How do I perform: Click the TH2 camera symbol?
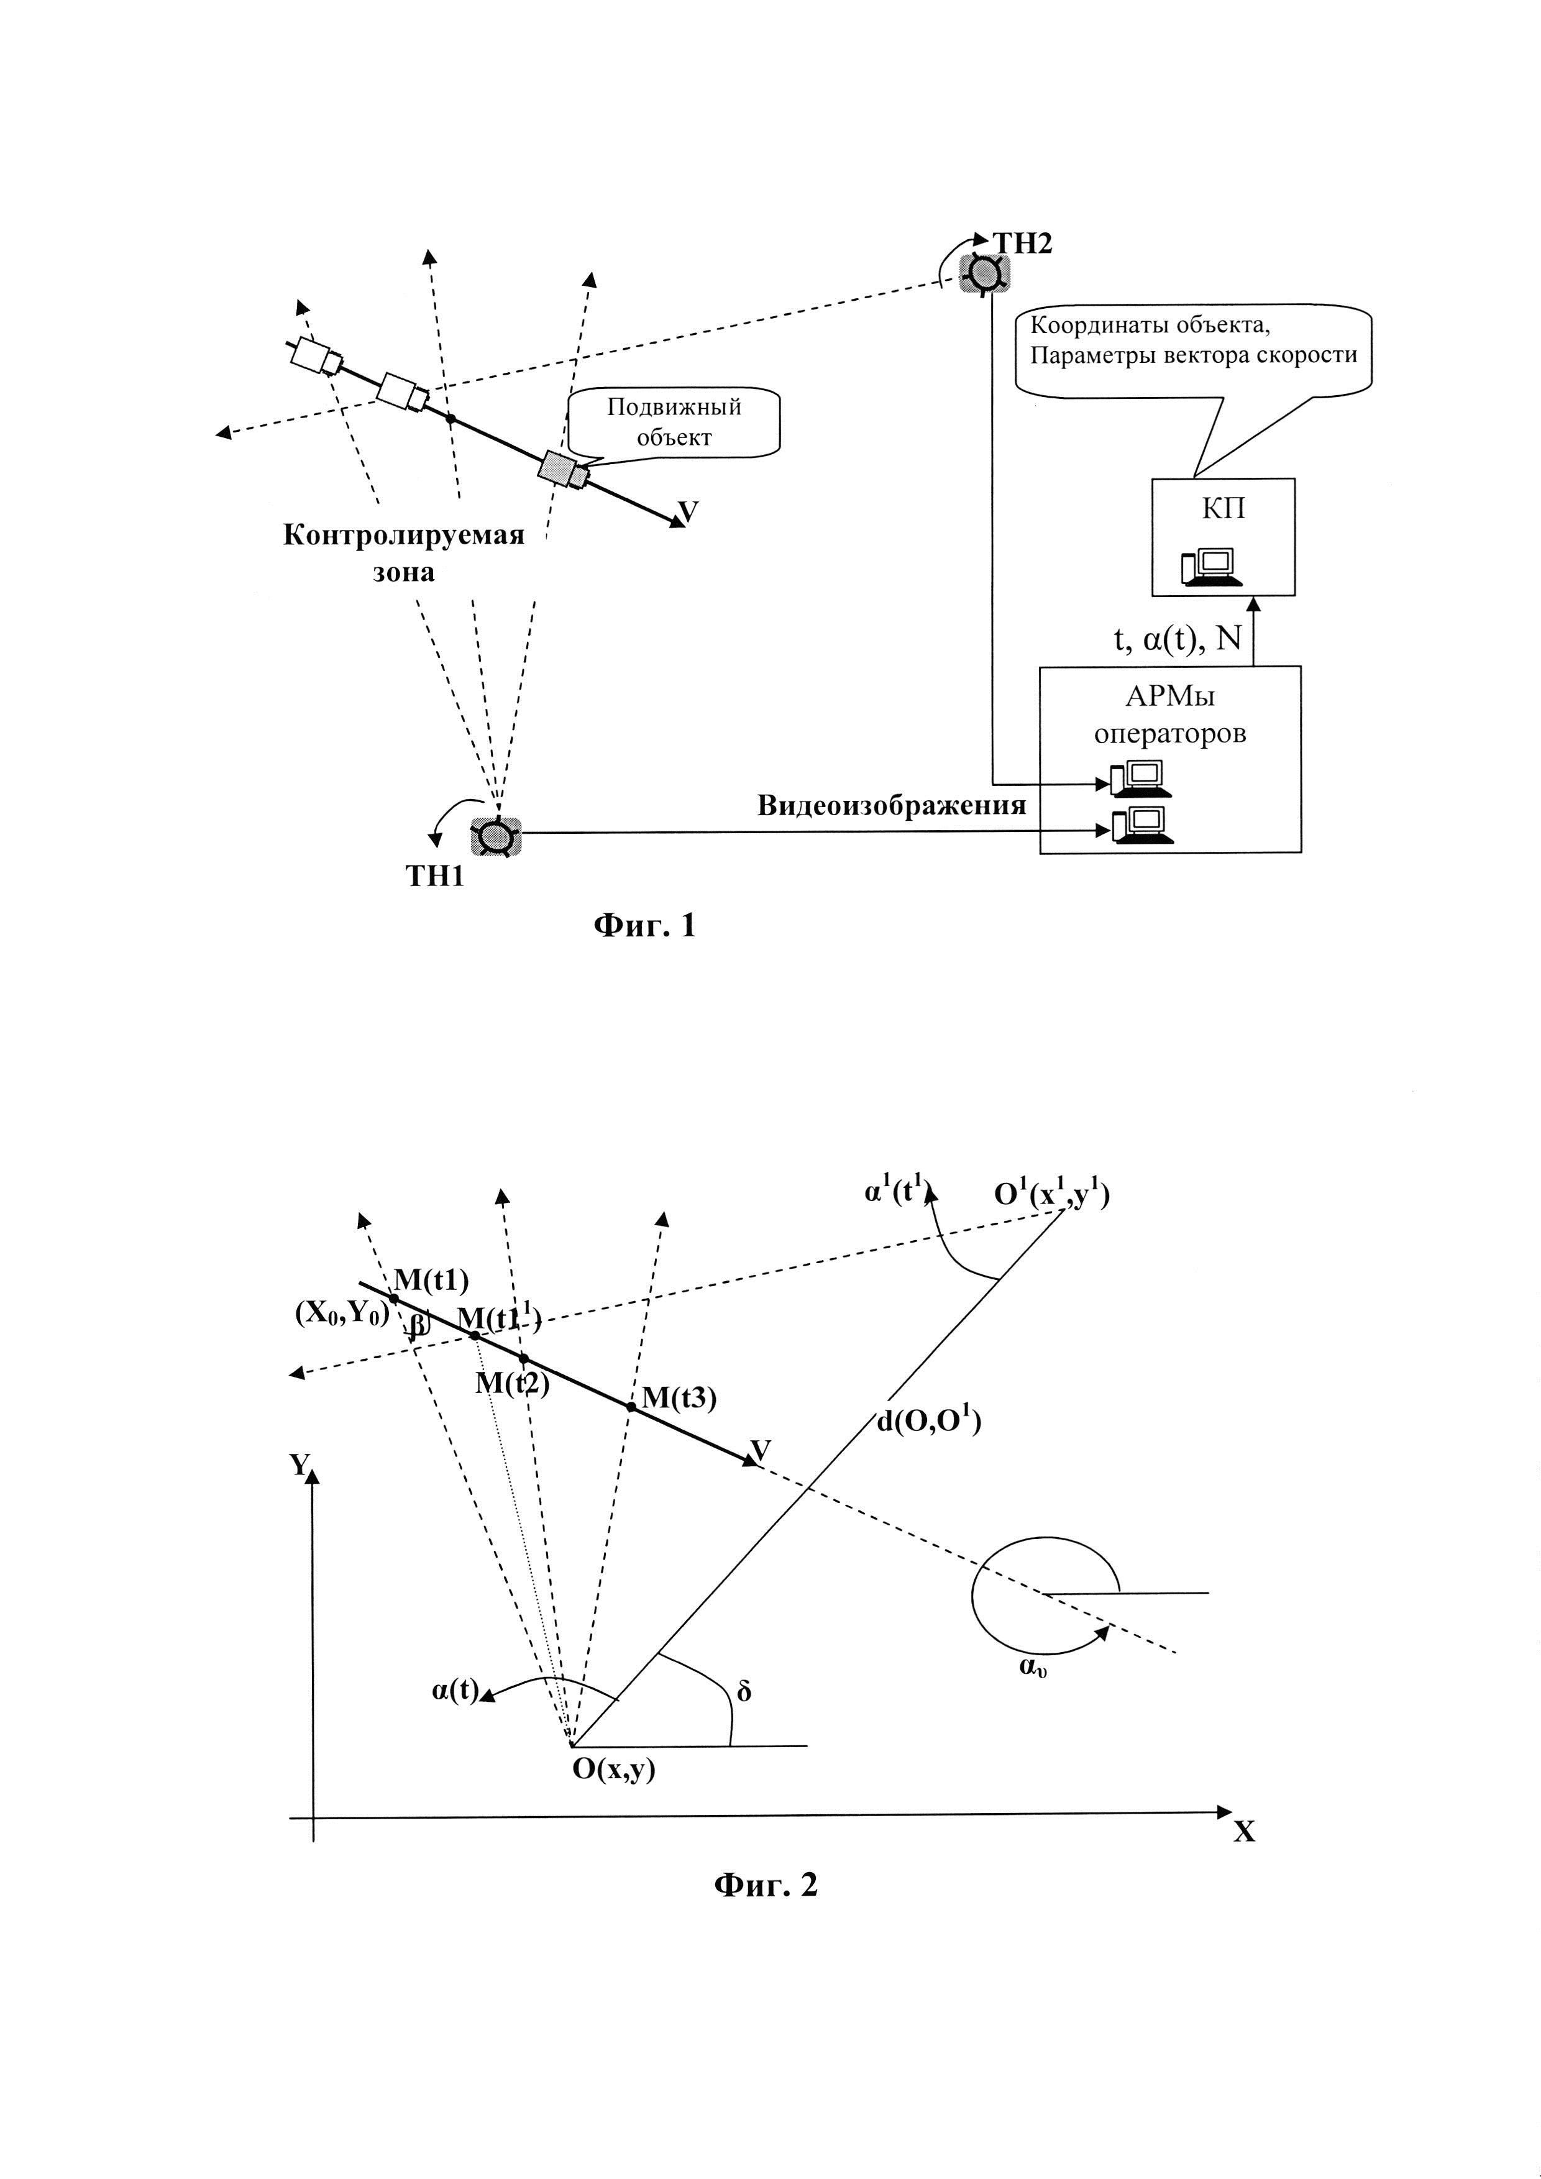tap(984, 273)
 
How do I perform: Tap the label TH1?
tap(436, 876)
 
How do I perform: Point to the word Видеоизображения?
tap(891, 806)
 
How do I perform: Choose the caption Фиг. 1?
tap(644, 925)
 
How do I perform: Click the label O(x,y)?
tap(613, 1769)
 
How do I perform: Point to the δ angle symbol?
tap(744, 1691)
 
